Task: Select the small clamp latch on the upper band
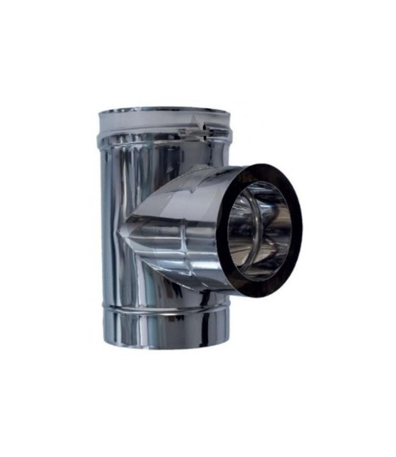197,133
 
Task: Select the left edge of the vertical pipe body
103,228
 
